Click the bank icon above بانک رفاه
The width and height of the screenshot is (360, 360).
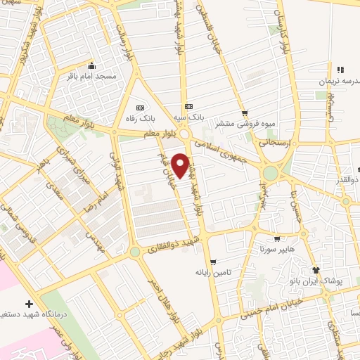pos(139,108)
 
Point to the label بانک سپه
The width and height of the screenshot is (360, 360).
pos(191,118)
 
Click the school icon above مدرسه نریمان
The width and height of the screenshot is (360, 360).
pos(340,70)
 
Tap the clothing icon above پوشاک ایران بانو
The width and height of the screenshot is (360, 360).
pos(315,270)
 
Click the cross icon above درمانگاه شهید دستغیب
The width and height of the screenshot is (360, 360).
pos(28,304)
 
